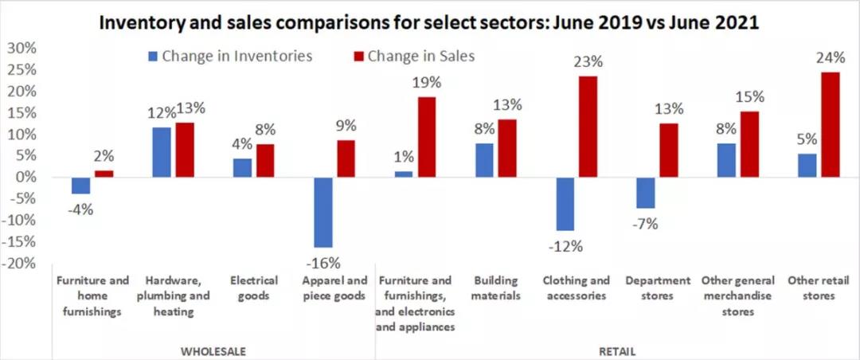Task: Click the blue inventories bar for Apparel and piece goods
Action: [x=323, y=212]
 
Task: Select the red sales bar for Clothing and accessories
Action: [x=588, y=127]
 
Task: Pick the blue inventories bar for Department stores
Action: [x=646, y=193]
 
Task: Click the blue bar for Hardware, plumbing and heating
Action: [x=162, y=152]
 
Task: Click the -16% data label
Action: [x=323, y=262]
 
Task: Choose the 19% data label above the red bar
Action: [x=426, y=84]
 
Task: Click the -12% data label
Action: [x=565, y=245]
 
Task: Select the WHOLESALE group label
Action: [x=213, y=350]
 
